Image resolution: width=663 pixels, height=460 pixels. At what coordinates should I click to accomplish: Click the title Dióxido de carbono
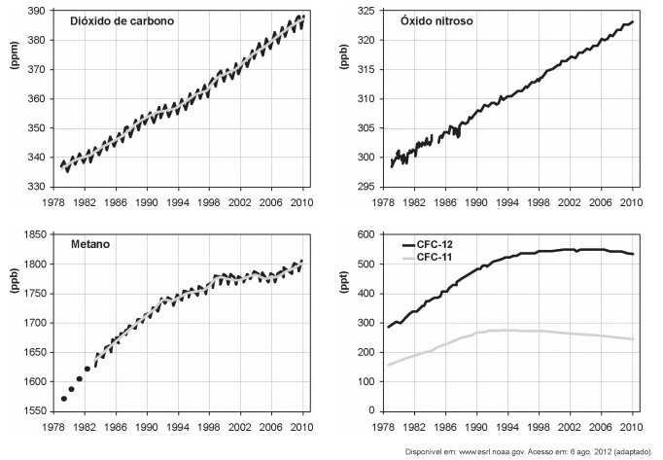122,21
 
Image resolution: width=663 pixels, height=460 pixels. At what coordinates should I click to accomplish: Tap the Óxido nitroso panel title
436,21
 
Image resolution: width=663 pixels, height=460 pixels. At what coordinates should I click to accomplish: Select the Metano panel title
90,244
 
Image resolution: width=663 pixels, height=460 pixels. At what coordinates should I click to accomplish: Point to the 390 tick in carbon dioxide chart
36,11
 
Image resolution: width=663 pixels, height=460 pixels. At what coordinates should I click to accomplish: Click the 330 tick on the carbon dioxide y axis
36,187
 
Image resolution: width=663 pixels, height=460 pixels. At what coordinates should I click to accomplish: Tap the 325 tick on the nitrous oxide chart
366,11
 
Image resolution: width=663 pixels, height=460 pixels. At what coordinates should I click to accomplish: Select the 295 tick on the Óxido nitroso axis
366,187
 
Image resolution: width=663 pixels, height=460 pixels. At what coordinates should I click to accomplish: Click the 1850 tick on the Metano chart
34,235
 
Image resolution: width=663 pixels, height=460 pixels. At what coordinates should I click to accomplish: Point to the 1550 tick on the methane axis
34,411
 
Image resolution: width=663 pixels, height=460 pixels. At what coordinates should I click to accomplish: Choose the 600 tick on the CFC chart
366,235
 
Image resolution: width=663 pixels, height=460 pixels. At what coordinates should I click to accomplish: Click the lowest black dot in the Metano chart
64,399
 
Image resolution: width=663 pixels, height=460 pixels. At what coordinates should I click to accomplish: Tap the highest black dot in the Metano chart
87,369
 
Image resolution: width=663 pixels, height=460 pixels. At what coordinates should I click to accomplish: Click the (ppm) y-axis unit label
15,55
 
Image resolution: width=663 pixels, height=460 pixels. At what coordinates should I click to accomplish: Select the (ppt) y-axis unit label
344,283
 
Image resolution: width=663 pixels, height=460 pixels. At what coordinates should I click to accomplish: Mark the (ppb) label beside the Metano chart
15,280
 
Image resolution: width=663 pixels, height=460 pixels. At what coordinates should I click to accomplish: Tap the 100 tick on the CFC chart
366,381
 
